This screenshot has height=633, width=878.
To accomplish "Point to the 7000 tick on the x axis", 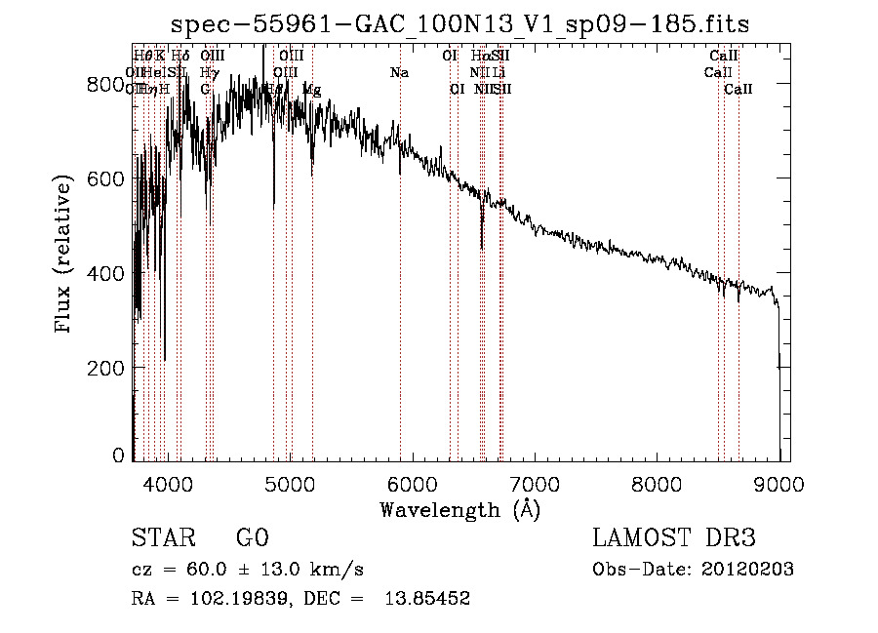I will pos(535,482).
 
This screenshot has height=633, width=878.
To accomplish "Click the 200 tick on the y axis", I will pos(108,368).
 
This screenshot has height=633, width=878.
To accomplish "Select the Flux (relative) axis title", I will pos(64,256).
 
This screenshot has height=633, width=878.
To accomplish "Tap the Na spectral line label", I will pos(399,73).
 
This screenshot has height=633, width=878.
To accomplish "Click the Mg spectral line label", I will pos(311,89).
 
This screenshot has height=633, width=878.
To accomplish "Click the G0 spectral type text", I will pos(252,538).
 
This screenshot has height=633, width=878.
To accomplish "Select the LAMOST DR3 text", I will pos(674,538).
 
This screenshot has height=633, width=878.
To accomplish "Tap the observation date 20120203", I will pos(751,570).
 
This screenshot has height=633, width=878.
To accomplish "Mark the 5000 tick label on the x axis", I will pos(290,482).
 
